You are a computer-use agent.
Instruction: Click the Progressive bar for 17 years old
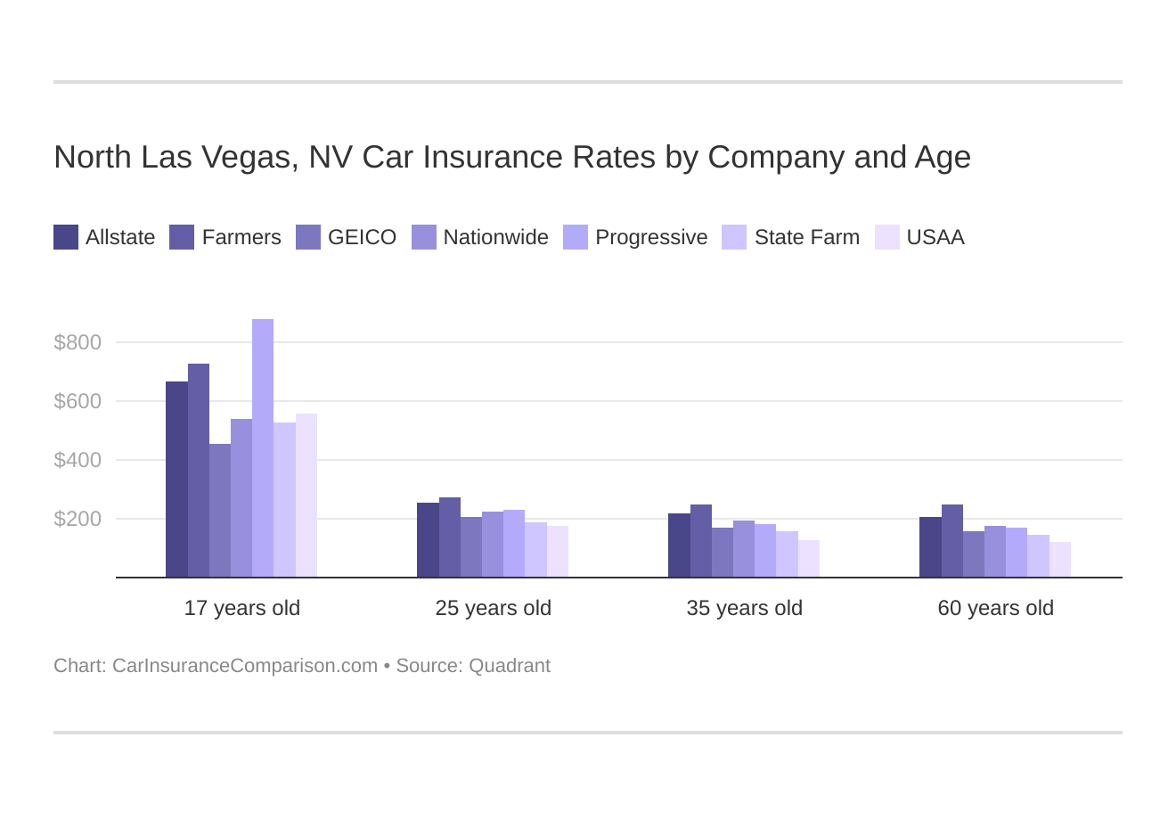tap(263, 448)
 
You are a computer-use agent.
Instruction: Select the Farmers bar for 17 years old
tap(199, 471)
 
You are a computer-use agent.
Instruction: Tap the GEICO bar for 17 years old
tap(220, 511)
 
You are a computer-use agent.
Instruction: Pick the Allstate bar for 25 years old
tap(428, 540)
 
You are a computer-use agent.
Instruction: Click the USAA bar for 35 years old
tap(808, 559)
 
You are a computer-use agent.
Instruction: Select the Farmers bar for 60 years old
tap(951, 541)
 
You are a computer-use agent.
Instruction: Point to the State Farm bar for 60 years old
tap(1038, 556)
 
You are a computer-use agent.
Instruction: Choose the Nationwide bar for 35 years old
tap(744, 549)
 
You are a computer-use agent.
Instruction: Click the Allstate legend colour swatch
tap(66, 237)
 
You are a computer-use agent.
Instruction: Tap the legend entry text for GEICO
tap(362, 237)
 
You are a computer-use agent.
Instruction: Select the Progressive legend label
tap(651, 237)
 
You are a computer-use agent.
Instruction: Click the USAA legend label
tap(935, 237)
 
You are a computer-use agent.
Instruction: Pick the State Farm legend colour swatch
tap(734, 237)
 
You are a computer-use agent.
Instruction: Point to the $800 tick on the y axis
tap(78, 342)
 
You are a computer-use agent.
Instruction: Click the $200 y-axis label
tap(78, 519)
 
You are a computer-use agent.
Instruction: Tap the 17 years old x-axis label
tap(242, 608)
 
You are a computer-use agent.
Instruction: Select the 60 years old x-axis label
tap(995, 608)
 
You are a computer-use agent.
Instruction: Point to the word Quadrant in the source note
tap(510, 666)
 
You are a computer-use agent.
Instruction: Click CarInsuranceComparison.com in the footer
tap(245, 666)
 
